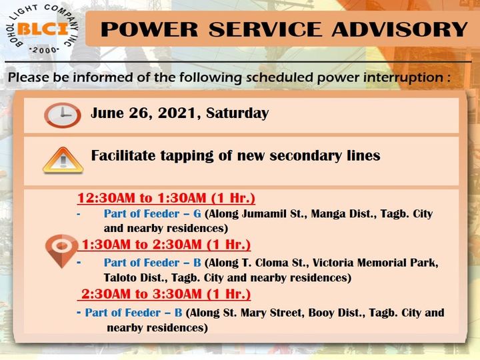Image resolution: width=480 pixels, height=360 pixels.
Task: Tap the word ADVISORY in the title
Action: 399,29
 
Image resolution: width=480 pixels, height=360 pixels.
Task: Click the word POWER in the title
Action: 149,29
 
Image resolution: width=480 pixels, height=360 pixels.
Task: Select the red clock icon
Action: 63,115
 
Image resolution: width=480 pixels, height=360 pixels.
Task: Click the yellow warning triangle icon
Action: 63,160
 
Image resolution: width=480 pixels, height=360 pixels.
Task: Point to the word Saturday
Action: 237,113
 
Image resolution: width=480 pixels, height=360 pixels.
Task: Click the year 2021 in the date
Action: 177,113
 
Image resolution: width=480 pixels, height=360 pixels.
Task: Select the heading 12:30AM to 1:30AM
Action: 166,198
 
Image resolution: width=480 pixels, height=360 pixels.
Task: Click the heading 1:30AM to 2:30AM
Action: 166,245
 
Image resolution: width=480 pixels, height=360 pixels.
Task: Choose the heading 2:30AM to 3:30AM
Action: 166,294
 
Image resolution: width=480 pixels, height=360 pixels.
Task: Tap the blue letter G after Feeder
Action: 197,214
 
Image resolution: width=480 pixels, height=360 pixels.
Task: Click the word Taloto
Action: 119,277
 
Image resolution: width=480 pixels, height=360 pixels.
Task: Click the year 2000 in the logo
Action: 45,50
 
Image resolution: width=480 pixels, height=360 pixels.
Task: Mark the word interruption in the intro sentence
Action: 403,77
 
